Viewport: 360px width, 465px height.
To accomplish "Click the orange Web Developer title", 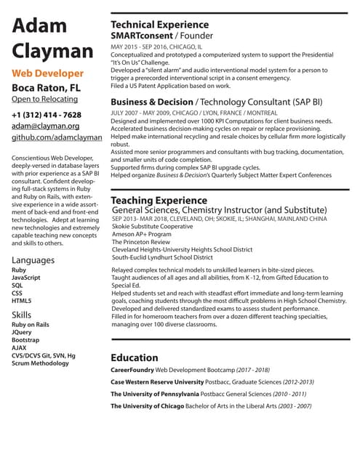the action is click(49, 73).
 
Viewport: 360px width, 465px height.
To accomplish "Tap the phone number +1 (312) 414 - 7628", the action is click(47, 115).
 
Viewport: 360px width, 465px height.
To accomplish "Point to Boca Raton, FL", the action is click(46, 88).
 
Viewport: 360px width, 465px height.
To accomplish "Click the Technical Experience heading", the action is click(159, 24).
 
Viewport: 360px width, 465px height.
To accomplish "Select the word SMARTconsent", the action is click(141, 35).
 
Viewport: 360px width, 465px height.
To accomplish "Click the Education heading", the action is click(134, 357).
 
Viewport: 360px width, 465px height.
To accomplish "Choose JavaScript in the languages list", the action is click(26, 278).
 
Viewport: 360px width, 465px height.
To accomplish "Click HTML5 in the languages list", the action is click(22, 300).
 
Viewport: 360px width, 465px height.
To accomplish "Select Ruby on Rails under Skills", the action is click(31, 325).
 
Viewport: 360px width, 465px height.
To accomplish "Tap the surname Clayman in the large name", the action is click(52, 51).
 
